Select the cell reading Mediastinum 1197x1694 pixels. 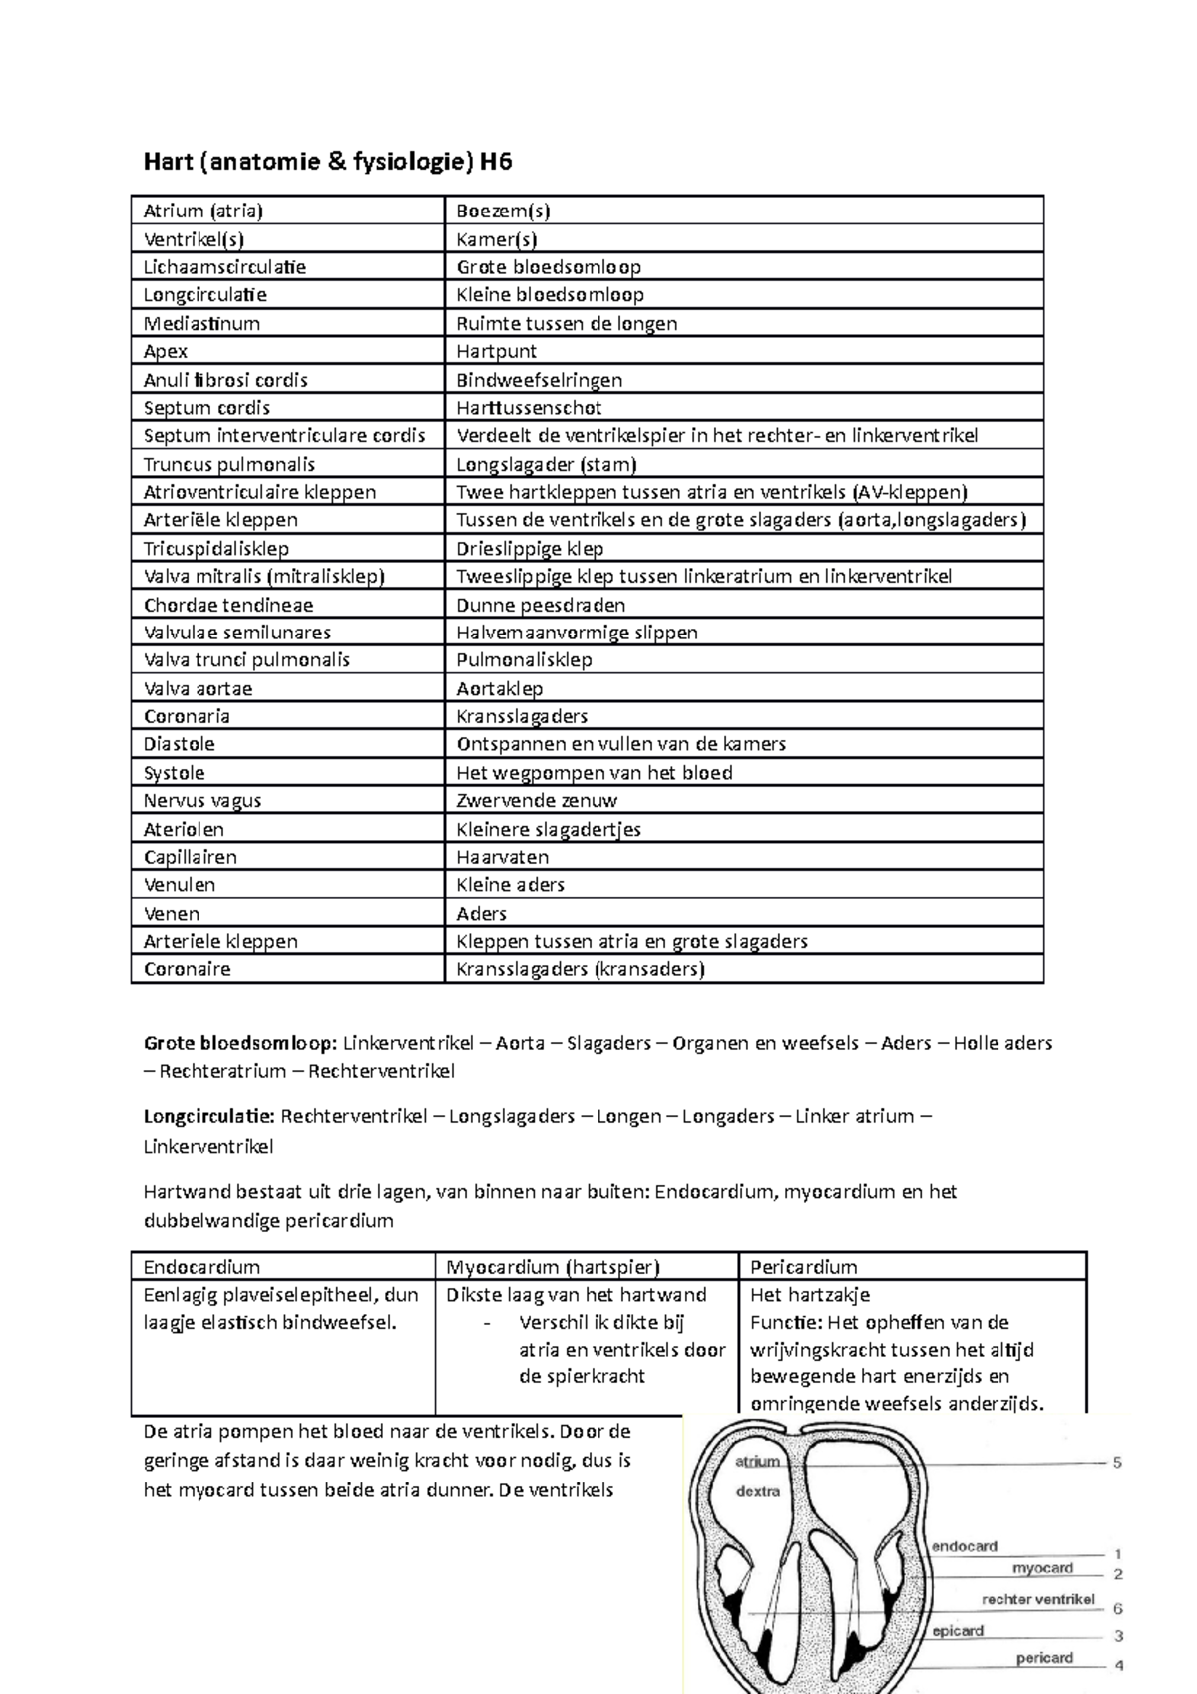point(201,323)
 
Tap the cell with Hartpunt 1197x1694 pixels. point(496,351)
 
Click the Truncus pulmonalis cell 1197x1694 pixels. point(229,464)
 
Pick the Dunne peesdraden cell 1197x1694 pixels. point(541,605)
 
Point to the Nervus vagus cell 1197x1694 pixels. point(202,800)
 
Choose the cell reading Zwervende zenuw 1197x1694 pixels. point(537,800)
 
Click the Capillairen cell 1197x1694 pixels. point(191,857)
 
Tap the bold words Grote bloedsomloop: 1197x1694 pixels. point(240,1043)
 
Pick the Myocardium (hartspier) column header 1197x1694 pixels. point(553,1267)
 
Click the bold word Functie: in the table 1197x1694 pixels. point(786,1323)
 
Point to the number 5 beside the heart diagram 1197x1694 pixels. point(1117,1463)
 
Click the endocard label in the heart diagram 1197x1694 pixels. point(965,1546)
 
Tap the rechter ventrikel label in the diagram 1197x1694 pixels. point(1038,1599)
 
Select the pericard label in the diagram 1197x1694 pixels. point(1044,1658)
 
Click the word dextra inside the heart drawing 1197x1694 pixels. point(758,1492)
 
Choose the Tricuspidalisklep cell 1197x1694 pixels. point(216,548)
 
